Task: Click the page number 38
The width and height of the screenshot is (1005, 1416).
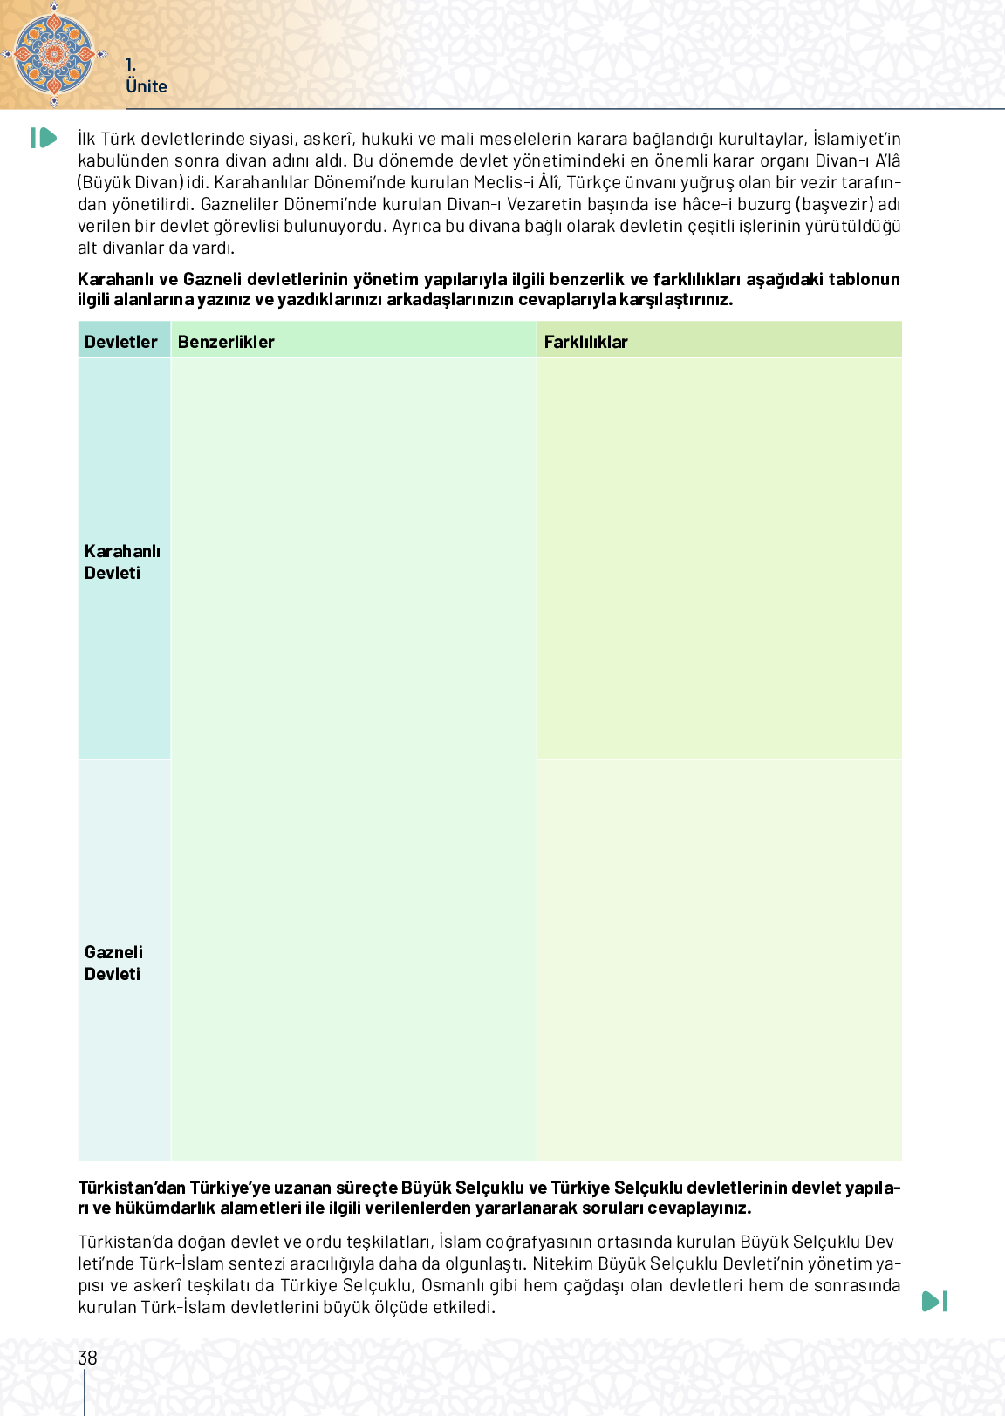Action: [87, 1358]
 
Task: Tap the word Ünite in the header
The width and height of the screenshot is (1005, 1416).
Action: [146, 86]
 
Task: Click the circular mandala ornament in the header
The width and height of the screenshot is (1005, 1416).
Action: [54, 53]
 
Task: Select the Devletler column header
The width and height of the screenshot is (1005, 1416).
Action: [121, 342]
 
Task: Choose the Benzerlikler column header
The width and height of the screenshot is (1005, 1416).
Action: [226, 342]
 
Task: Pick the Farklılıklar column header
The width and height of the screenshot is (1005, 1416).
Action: [585, 342]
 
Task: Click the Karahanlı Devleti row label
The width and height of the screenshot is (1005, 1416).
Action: [122, 562]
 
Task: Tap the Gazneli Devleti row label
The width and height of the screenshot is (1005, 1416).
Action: [113, 963]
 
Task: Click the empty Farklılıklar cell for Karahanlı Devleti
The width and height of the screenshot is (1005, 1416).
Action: [719, 558]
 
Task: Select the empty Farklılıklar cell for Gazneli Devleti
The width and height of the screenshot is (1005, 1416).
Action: [719, 959]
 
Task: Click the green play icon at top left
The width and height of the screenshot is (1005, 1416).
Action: [43, 138]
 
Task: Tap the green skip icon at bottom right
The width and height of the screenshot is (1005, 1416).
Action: [934, 1301]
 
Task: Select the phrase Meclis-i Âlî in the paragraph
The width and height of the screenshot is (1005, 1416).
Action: [516, 182]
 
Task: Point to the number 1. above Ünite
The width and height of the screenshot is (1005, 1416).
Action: [131, 65]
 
